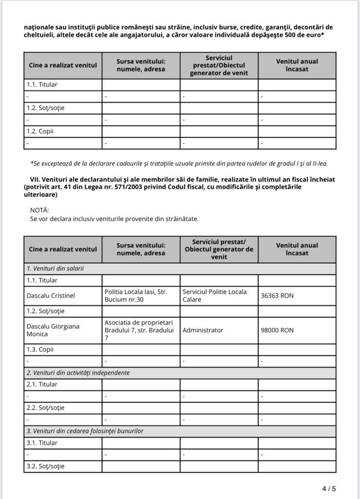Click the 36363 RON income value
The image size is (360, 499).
tap(277, 296)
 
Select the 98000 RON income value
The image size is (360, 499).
tap(277, 330)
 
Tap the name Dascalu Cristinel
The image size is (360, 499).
tap(51, 296)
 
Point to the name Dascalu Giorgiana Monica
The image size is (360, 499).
tap(53, 330)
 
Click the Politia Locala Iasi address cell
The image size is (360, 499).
tap(135, 296)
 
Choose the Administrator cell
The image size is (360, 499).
tap(203, 330)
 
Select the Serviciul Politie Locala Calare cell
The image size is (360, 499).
tap(214, 296)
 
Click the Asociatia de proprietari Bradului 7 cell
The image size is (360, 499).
tap(139, 330)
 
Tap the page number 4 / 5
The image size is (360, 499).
tap(329, 488)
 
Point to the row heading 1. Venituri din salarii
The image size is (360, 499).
tap(55, 269)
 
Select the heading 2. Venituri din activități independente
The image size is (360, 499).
tap(78, 373)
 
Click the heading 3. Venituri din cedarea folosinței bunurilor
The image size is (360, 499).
tap(85, 431)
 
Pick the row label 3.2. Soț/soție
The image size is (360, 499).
tap(45, 466)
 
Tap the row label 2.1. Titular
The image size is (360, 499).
tap(42, 384)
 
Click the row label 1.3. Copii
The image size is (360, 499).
tap(40, 349)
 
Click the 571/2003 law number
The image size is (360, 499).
tap(127, 187)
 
